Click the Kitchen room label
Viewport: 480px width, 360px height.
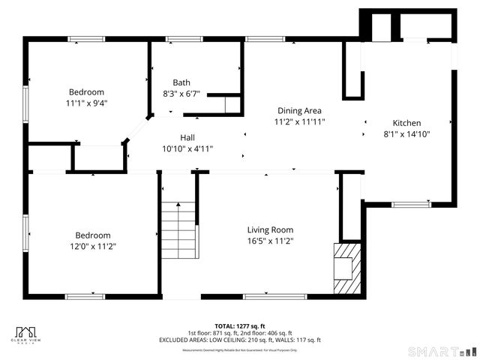(x=407, y=123)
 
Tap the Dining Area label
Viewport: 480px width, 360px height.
(x=299, y=109)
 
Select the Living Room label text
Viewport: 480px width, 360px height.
(x=270, y=229)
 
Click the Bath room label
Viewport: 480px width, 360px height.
(x=181, y=82)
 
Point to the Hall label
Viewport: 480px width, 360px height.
(x=187, y=137)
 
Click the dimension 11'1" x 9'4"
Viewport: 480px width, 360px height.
(x=87, y=104)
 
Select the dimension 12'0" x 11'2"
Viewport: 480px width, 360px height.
(x=92, y=246)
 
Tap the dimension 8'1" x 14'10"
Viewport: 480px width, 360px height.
(x=407, y=134)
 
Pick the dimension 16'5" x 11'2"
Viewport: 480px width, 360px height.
(x=270, y=241)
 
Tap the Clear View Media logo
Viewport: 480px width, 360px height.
(x=28, y=334)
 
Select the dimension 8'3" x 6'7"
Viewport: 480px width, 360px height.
(x=181, y=94)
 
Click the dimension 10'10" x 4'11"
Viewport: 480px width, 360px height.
(x=187, y=148)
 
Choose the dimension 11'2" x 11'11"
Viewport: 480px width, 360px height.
(x=299, y=121)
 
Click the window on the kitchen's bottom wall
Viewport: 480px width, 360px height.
(x=411, y=204)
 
